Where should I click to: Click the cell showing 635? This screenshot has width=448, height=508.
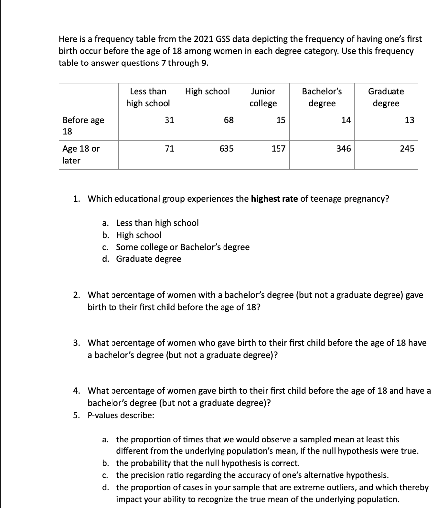click(x=226, y=148)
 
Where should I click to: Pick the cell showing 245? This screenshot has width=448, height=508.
click(x=407, y=148)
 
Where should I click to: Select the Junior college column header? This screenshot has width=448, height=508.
click(x=263, y=97)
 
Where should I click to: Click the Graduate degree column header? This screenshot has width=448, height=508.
click(x=386, y=97)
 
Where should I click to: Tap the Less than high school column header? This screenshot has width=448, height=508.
click(x=148, y=97)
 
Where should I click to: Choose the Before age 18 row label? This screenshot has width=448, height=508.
click(x=83, y=126)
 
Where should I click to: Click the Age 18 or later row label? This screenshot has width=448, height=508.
click(x=81, y=155)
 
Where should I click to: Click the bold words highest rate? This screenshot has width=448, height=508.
click(x=275, y=199)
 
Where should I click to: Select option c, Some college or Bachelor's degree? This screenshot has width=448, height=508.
click(x=182, y=247)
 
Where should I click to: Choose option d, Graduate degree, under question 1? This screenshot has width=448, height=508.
click(x=149, y=259)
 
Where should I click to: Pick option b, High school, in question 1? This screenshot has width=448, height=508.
click(x=138, y=235)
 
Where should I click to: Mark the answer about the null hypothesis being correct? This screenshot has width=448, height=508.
click(x=208, y=463)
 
